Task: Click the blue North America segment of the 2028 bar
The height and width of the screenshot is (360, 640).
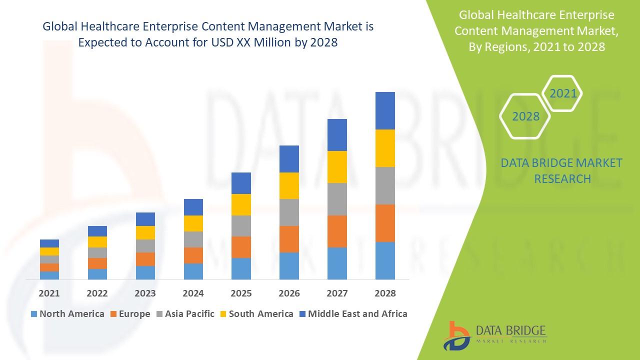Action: tap(385, 260)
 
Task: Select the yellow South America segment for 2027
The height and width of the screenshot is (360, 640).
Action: tap(337, 167)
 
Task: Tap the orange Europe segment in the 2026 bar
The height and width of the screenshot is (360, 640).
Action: tap(289, 239)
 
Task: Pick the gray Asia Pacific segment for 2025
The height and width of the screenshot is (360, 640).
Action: tap(241, 226)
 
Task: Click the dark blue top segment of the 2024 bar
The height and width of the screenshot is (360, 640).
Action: tap(193, 207)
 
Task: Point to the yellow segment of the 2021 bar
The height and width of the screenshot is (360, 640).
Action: tap(49, 251)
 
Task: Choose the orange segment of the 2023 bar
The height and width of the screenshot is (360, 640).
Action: tap(145, 259)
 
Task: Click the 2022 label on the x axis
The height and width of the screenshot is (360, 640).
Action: tap(97, 293)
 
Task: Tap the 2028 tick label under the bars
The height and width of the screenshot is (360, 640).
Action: tap(385, 293)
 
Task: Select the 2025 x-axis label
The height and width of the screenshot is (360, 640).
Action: tap(241, 293)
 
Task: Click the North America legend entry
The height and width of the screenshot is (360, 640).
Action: tap(67, 314)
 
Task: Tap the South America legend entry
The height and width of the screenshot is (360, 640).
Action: tap(256, 314)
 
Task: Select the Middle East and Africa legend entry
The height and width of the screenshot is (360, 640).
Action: tap(353, 314)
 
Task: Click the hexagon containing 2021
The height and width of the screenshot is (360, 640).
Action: tap(563, 93)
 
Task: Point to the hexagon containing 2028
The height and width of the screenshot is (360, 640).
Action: tap(525, 116)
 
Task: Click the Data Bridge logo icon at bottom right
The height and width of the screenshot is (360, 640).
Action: tap(456, 335)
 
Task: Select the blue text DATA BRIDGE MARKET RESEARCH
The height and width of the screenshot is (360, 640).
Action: tap(562, 170)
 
